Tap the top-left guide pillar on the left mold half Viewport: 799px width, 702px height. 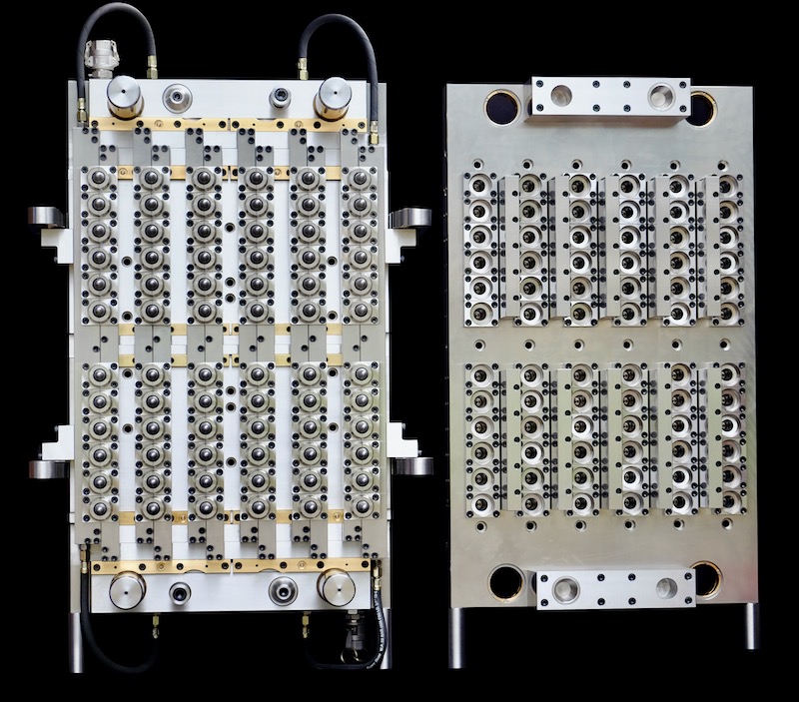126,98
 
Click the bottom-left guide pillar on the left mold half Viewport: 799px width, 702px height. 127,590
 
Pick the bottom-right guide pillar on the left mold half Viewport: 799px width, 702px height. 336,589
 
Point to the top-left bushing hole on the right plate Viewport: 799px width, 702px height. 502,105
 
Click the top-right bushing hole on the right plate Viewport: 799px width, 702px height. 702,105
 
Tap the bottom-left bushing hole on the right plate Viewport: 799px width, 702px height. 506,580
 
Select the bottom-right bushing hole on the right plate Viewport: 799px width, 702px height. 705,579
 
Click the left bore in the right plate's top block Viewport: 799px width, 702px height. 561,96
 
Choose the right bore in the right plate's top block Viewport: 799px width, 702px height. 661,97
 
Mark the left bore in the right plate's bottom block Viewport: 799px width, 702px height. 565,591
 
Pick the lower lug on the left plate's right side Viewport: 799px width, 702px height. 411,464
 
